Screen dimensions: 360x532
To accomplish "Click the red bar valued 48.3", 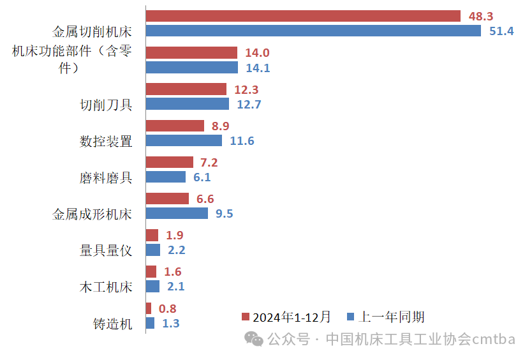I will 303,16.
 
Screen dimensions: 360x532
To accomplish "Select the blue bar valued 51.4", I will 313,31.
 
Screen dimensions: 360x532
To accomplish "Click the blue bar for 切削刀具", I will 187,104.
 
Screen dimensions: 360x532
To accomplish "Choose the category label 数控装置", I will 106,141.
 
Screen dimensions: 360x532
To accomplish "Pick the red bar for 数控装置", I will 175,126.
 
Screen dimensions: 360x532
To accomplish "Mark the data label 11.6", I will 242,141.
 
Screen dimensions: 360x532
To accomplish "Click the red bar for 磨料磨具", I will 169,162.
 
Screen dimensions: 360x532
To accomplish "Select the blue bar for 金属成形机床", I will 177,213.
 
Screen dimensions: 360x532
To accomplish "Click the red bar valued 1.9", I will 152,235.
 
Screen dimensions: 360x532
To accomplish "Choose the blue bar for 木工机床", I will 152,287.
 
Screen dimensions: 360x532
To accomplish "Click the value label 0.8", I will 166,309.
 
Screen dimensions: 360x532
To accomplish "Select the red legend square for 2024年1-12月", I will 246,317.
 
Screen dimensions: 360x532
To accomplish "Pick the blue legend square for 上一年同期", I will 350,317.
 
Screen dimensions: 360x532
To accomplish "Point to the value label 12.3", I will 246,90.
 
